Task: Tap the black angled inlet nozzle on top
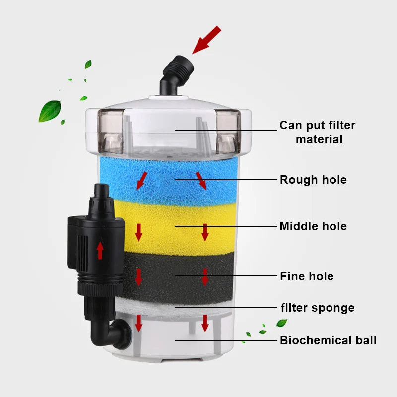click(x=175, y=75)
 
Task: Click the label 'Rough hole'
click(x=313, y=179)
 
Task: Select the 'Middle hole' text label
click(x=313, y=226)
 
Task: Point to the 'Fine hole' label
click(x=307, y=276)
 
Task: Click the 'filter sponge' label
click(x=318, y=308)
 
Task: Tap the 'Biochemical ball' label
click(x=328, y=340)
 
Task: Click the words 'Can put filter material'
click(x=318, y=132)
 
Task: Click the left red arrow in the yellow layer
click(x=139, y=231)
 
